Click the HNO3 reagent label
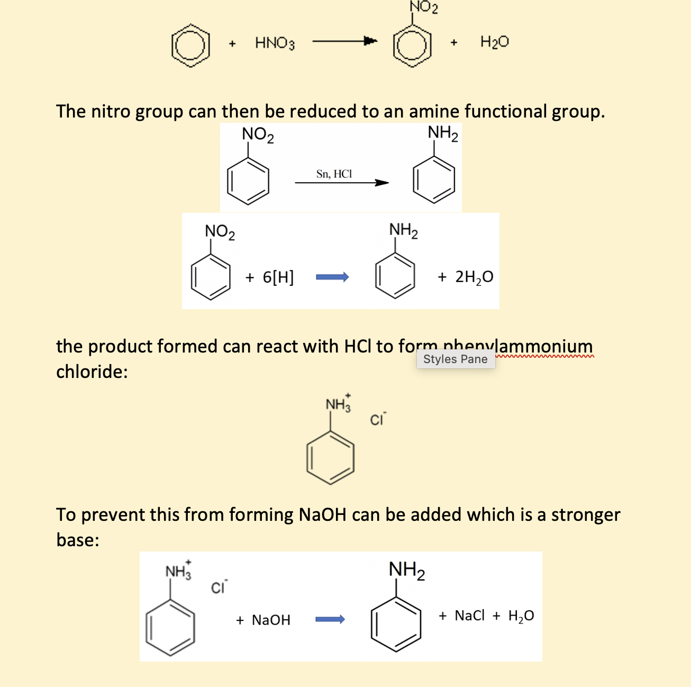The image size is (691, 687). [275, 43]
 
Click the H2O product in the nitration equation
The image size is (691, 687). [494, 42]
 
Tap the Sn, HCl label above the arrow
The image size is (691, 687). [334, 174]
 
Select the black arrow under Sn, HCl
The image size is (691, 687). [342, 183]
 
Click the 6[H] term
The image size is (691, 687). [278, 277]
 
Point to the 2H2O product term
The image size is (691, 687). [474, 277]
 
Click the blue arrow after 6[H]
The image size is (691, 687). [332, 277]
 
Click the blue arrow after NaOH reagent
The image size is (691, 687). [330, 619]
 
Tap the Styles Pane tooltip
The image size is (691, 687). [456, 359]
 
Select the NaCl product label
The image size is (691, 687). [469, 616]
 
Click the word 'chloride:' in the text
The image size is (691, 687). [92, 372]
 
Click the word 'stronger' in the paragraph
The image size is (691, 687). [585, 514]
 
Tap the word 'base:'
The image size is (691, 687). [78, 540]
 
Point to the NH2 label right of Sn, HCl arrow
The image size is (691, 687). [443, 133]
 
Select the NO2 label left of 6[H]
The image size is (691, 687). [220, 232]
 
